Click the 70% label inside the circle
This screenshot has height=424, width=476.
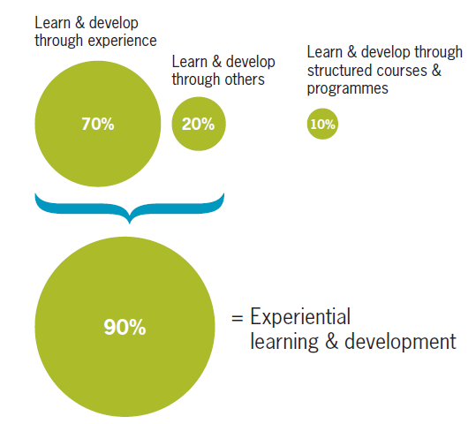[x=98, y=124]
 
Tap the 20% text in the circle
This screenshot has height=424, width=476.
[x=198, y=124]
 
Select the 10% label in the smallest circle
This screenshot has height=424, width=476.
[x=322, y=125]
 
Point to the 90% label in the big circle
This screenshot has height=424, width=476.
[x=124, y=328]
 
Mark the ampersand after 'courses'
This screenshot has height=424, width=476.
[x=433, y=72]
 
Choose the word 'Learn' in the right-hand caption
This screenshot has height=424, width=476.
[x=324, y=54]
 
